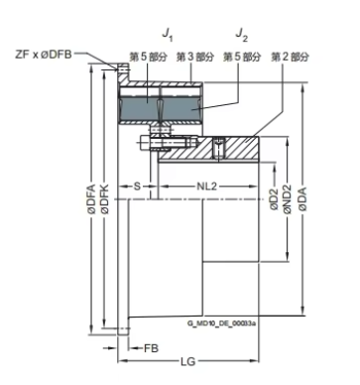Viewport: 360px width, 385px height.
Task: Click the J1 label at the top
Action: (x=168, y=35)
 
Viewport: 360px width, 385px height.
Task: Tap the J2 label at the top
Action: (x=242, y=35)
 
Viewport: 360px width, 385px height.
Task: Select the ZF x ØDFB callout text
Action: (x=44, y=55)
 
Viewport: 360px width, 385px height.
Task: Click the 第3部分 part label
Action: (x=195, y=57)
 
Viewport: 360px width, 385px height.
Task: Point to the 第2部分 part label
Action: (x=290, y=57)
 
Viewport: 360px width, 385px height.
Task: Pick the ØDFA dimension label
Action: (x=91, y=198)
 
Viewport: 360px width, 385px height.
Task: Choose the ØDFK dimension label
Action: (x=105, y=198)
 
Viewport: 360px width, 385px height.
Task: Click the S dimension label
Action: (x=137, y=187)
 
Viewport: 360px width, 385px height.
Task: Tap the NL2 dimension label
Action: (x=207, y=187)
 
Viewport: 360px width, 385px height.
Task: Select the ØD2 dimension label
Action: (x=274, y=199)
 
